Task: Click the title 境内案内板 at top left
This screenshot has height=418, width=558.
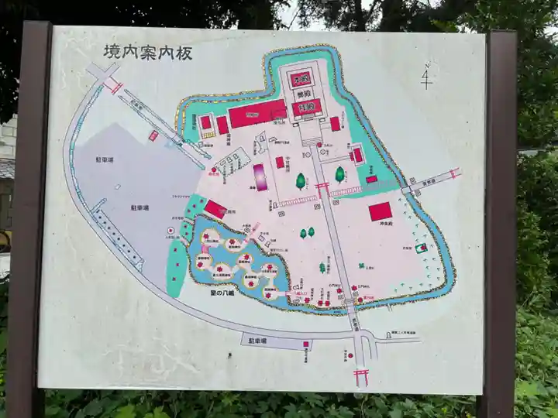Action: click(x=147, y=52)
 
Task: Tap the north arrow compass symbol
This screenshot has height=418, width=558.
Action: click(x=425, y=76)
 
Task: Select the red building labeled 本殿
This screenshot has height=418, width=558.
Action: click(x=301, y=78)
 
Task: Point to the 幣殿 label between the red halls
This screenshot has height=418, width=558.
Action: click(x=301, y=94)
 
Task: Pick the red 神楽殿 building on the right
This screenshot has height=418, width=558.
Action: click(x=380, y=211)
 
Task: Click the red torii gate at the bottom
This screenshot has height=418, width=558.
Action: click(x=360, y=376)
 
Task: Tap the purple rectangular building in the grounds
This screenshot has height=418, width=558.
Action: click(x=260, y=176)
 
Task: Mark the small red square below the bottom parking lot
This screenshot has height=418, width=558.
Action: click(x=306, y=344)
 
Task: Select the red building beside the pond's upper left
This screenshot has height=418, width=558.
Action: click(x=215, y=209)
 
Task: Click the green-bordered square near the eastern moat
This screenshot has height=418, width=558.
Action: click(x=422, y=248)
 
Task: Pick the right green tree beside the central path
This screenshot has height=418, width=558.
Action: click(x=339, y=174)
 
